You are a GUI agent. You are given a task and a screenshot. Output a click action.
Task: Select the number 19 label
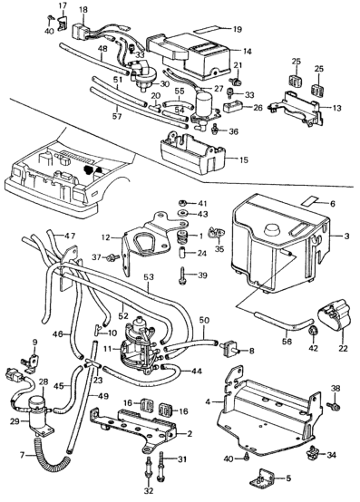238,29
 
